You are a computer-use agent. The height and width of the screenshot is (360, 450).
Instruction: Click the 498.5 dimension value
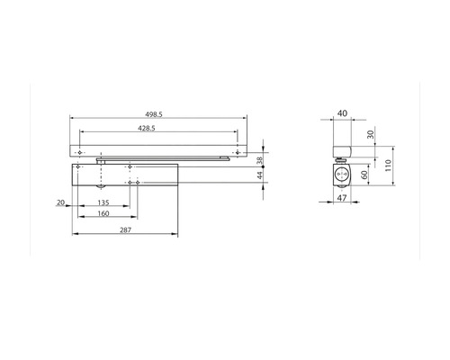click(154, 114)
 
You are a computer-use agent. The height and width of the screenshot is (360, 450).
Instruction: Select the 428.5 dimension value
click(147, 128)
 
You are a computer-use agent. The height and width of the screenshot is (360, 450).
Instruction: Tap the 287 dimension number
click(125, 230)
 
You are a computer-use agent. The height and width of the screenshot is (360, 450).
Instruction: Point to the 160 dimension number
click(103, 213)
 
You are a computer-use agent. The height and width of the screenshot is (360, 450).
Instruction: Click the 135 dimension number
click(103, 202)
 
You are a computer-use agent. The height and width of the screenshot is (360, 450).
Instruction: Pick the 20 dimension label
click(60, 202)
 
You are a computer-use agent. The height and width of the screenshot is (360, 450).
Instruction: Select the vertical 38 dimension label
click(260, 159)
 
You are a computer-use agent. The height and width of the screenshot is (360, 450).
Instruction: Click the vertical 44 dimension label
click(260, 175)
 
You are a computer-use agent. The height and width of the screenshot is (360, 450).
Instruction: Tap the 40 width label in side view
click(342, 113)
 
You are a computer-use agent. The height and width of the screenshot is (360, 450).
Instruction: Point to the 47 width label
click(342, 198)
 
